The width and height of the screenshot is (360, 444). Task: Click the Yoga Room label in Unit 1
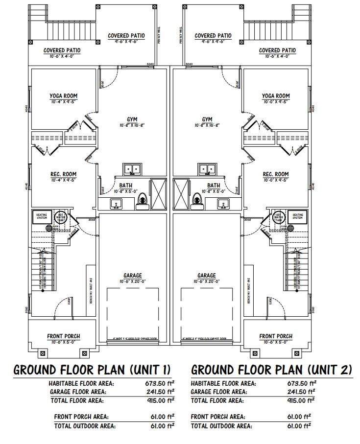(x=64, y=96)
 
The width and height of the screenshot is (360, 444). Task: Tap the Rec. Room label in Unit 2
(x=276, y=174)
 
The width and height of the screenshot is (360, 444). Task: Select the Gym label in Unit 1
(x=132, y=119)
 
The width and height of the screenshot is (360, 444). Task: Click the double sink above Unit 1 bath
(x=132, y=169)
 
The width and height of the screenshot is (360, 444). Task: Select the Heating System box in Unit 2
(x=297, y=216)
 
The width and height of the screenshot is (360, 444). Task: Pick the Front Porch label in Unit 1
(x=64, y=336)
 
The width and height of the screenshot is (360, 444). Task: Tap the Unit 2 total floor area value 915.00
(x=300, y=400)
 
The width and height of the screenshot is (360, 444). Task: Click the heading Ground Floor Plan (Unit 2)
(x=271, y=370)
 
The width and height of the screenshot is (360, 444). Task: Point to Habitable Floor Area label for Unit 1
(x=81, y=383)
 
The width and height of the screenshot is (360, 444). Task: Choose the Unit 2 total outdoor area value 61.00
(x=300, y=426)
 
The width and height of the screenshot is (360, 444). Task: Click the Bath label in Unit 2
(x=214, y=186)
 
